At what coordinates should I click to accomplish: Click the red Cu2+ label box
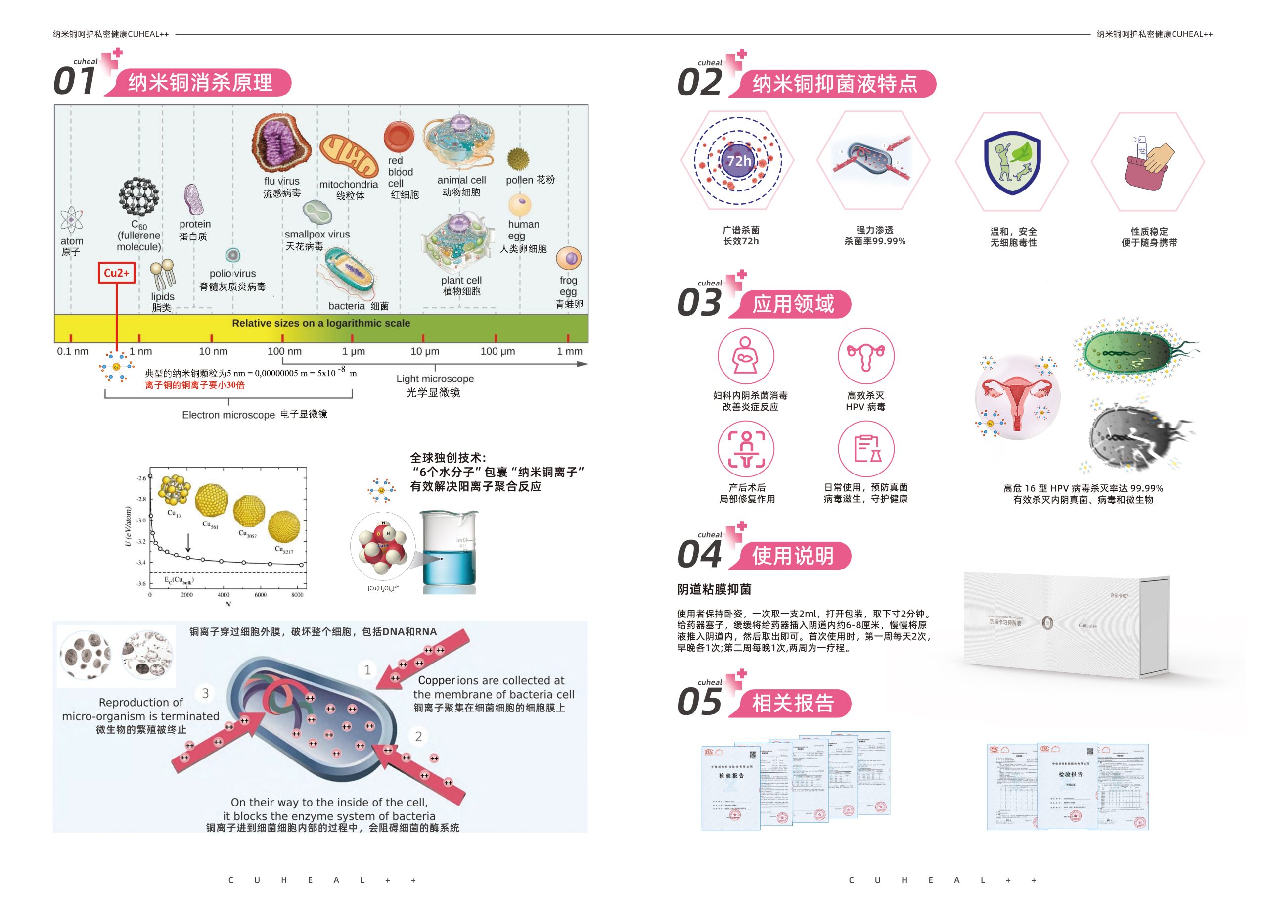(x=116, y=273)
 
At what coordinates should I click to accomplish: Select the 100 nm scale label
(x=284, y=351)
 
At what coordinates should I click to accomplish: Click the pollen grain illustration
(x=518, y=159)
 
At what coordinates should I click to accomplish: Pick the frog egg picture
(x=568, y=259)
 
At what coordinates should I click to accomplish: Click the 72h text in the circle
(x=739, y=161)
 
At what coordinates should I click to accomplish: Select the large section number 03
(x=699, y=303)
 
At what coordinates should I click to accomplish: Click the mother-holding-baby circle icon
(x=745, y=356)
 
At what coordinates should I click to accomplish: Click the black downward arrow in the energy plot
(x=188, y=543)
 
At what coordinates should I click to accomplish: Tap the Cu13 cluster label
(x=174, y=513)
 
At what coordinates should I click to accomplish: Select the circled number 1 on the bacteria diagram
(x=367, y=670)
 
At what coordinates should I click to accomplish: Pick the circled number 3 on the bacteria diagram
(x=205, y=693)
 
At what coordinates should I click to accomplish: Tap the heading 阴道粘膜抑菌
(x=714, y=589)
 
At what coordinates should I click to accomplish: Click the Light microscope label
(x=435, y=379)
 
